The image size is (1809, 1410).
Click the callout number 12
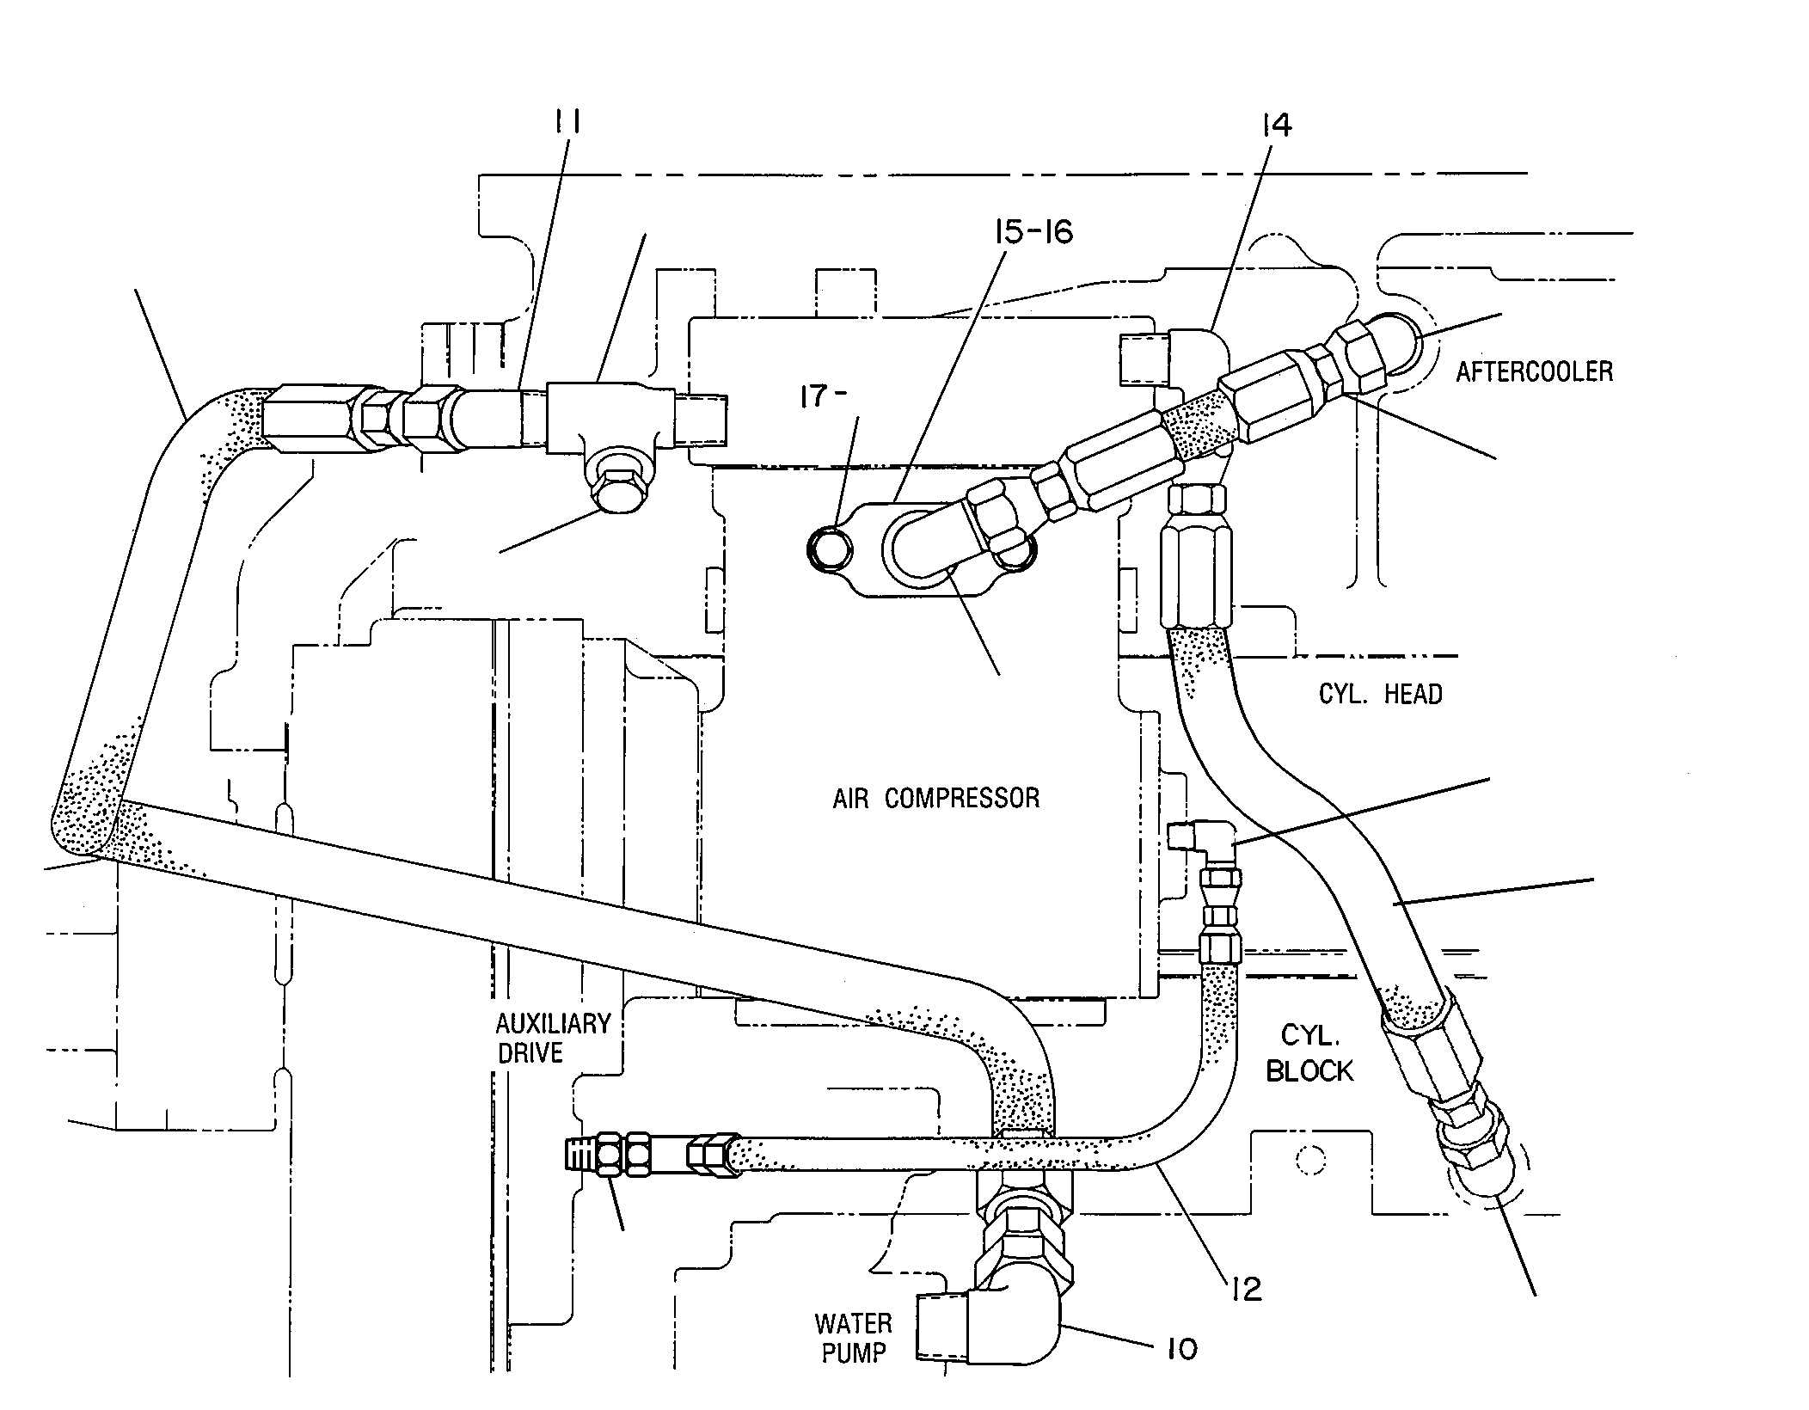coord(1245,1288)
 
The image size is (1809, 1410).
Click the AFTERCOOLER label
coord(1535,371)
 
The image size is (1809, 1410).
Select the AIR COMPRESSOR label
coord(935,798)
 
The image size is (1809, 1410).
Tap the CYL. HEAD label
coord(1380,694)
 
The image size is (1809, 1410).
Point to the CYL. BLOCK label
coord(1309,1052)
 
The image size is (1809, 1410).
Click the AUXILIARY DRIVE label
coord(553,1038)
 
